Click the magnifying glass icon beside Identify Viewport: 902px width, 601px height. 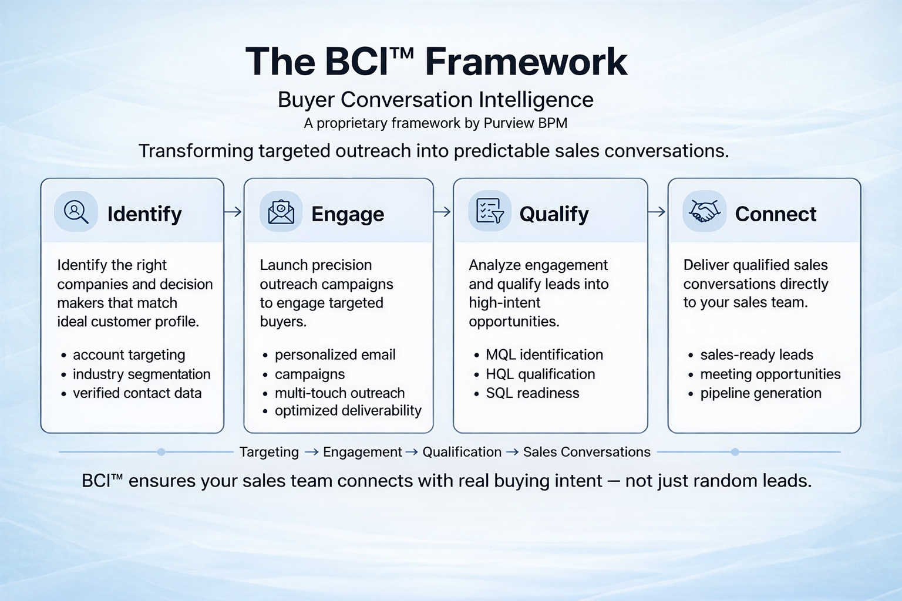[76, 212]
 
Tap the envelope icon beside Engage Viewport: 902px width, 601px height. [281, 212]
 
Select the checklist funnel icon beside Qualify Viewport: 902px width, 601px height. [490, 211]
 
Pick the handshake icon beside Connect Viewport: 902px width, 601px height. [704, 211]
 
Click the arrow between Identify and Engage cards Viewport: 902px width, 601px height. [233, 212]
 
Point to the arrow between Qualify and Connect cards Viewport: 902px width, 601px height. [657, 212]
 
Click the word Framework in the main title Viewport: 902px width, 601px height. [526, 62]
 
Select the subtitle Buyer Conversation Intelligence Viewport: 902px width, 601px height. [435, 99]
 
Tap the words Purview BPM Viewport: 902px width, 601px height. [525, 123]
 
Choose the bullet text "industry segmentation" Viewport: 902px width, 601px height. [142, 374]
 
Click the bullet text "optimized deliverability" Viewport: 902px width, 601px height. [348, 411]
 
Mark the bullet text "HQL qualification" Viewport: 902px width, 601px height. [540, 374]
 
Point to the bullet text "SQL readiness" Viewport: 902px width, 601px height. [533, 393]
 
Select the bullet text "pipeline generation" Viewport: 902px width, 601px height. [760, 393]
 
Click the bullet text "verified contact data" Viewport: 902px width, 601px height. [137, 393]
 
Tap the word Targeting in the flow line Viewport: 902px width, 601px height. [269, 453]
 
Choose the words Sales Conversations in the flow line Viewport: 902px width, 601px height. [587, 452]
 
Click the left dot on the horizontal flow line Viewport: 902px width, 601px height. [161, 452]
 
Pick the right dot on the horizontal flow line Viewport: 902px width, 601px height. [735, 452]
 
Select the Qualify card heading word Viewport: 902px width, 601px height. [554, 214]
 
